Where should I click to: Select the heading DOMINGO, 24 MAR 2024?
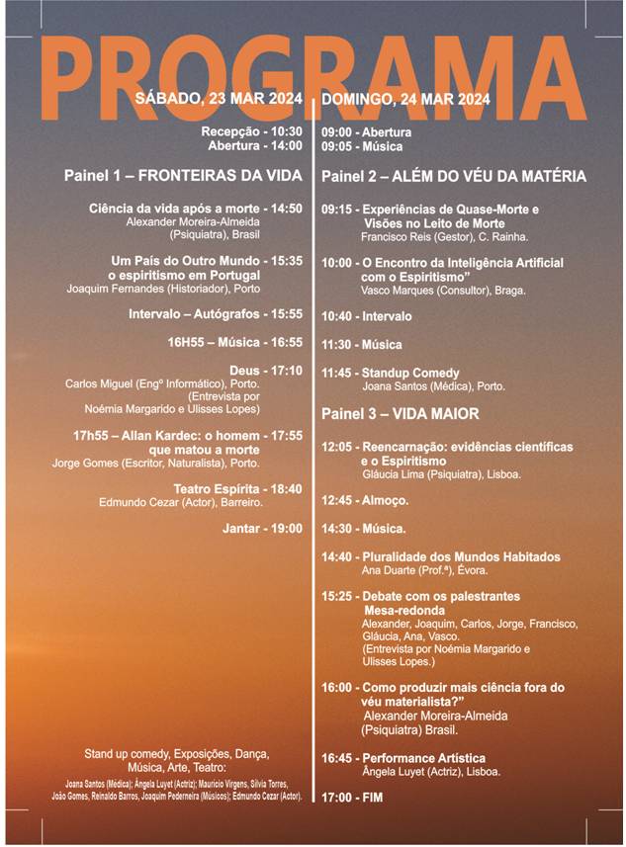coord(405,99)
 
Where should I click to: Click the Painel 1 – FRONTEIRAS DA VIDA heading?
coord(183,176)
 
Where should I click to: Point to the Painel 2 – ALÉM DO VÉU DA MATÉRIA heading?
coord(454,176)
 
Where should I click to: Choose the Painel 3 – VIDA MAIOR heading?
coord(400,413)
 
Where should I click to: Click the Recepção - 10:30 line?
coord(251,131)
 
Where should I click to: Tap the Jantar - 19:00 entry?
coord(262,529)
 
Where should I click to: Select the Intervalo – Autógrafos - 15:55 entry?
coord(216,314)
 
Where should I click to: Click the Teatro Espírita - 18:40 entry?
coord(237,489)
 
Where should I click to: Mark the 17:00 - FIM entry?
coord(352,797)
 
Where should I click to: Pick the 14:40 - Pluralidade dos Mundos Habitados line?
coord(441,556)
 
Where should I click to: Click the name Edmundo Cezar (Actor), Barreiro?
coord(201,502)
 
